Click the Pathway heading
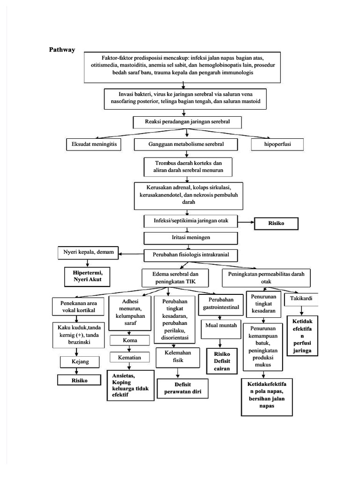(62, 50)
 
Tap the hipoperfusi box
(277, 144)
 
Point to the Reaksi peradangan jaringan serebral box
(187, 122)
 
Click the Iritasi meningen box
(187, 238)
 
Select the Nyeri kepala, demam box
(89, 253)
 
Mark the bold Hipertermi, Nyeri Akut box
(89, 276)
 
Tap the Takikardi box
(301, 299)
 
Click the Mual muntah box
(220, 325)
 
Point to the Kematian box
(129, 358)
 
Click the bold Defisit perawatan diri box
(183, 388)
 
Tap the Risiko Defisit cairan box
(222, 361)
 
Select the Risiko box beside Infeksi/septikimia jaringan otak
(276, 224)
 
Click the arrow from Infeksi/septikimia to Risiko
(246, 222)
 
